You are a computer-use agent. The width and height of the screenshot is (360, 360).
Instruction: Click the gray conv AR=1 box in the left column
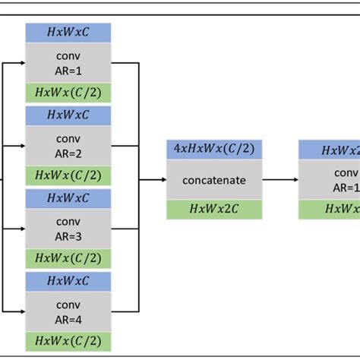pyautogui.click(x=68, y=63)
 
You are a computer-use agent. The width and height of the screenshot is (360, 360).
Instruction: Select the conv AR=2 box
pyautogui.click(x=68, y=147)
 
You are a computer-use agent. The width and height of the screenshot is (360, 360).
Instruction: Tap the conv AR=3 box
pyautogui.click(x=68, y=229)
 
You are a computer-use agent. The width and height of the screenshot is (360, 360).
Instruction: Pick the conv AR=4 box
pyautogui.click(x=68, y=312)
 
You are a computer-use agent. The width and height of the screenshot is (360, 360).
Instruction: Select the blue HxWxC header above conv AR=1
pyautogui.click(x=68, y=33)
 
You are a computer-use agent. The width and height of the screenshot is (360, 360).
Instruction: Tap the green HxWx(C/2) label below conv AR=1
pyautogui.click(x=68, y=93)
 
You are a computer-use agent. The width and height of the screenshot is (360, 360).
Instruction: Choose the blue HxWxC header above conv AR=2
pyautogui.click(x=68, y=115)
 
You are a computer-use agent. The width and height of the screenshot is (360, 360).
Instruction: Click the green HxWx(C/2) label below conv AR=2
pyautogui.click(x=68, y=175)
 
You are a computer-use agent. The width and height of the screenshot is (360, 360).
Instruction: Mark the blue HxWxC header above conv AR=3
pyautogui.click(x=68, y=198)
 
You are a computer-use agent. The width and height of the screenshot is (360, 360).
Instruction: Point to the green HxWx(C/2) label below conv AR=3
pyautogui.click(x=68, y=259)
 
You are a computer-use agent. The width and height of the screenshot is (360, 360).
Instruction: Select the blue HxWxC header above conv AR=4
pyautogui.click(x=68, y=282)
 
